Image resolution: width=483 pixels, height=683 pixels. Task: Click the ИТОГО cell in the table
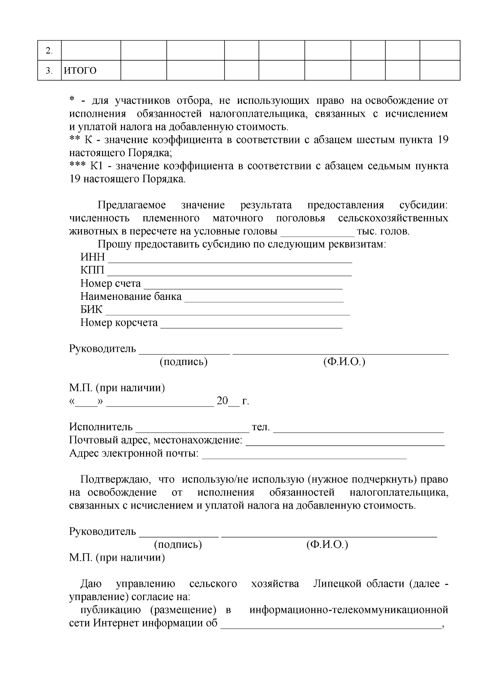click(x=91, y=71)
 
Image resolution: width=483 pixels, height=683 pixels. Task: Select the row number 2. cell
click(x=49, y=51)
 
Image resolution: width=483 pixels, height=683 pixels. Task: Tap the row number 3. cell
click(x=49, y=71)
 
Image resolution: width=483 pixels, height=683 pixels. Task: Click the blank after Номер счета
click(x=243, y=285)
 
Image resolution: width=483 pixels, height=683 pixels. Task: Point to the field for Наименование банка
click(x=264, y=299)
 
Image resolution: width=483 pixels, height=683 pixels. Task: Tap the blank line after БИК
click(x=227, y=312)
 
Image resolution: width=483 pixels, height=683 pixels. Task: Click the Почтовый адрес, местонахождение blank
click(x=345, y=442)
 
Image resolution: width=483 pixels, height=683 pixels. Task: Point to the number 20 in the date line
click(x=222, y=401)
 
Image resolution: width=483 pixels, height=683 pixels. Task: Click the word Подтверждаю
click(x=116, y=479)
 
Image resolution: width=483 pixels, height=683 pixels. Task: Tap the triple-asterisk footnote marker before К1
click(x=77, y=166)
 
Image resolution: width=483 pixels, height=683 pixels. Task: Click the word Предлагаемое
click(x=132, y=205)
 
